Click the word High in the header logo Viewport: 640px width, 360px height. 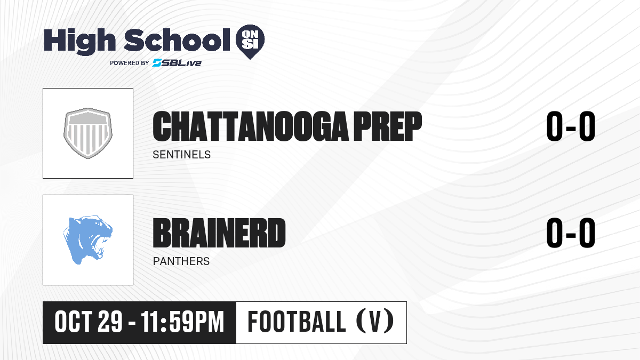pos(79,41)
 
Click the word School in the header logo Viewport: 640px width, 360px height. pos(177,39)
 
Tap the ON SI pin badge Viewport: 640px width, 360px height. pos(250,42)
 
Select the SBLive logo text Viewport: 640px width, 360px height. pos(177,63)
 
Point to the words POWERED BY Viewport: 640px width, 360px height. pos(130,63)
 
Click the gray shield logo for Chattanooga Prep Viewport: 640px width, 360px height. pos(88,133)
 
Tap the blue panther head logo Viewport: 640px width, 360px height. pos(88,239)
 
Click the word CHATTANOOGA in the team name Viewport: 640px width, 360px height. pos(251,126)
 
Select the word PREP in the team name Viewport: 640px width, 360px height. pos(388,126)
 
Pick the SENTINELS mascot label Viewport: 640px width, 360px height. pos(182,155)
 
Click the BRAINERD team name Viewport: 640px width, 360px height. pos(219,233)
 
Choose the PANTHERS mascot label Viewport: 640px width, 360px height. pos(181,261)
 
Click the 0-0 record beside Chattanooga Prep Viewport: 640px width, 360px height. pos(571,126)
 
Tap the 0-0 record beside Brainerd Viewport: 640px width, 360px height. pos(571,233)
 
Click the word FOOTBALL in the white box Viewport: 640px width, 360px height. pos(297,322)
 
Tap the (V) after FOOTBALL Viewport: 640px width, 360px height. pos(375,321)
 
